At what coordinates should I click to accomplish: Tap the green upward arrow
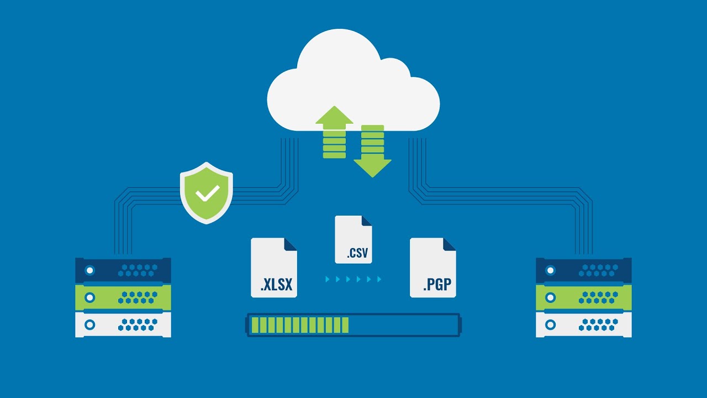coord(334,132)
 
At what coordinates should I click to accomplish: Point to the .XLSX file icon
coord(274,268)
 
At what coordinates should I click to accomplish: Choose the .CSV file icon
coord(353,239)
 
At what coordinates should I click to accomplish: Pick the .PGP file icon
coord(433,268)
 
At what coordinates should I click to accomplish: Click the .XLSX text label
coord(277,284)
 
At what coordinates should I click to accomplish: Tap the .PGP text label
coord(437,284)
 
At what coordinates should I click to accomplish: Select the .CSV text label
coord(357,253)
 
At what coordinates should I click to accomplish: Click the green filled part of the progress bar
coord(300,325)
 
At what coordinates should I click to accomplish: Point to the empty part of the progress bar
coord(403,325)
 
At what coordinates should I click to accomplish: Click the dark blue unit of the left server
coord(123,270)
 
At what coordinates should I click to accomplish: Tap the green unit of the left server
coord(123,297)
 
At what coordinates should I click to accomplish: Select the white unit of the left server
coord(123,324)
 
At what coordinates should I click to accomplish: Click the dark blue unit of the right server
coord(584,270)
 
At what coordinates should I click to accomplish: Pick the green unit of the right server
coord(584,297)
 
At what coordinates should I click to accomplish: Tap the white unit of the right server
coord(584,324)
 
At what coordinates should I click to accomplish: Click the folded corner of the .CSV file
coord(366,221)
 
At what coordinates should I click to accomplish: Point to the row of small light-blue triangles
coord(353,279)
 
